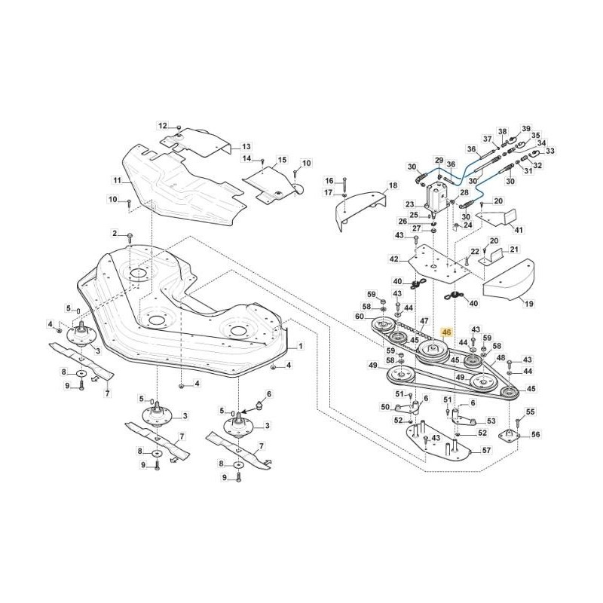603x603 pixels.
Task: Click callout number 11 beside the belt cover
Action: (118, 181)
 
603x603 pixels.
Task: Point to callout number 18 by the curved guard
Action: (393, 185)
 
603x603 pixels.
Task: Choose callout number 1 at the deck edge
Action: (300, 346)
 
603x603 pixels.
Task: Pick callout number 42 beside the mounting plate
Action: (393, 259)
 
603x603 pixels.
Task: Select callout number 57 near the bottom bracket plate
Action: (486, 450)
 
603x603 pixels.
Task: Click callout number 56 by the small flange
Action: (536, 435)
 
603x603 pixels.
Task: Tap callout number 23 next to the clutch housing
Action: (410, 204)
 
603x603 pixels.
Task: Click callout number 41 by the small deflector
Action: (517, 229)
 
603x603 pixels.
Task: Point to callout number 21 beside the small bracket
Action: (514, 249)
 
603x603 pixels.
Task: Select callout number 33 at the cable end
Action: (549, 151)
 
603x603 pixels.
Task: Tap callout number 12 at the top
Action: (163, 125)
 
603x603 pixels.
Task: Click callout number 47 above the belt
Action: (424, 321)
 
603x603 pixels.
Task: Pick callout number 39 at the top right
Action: (526, 129)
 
